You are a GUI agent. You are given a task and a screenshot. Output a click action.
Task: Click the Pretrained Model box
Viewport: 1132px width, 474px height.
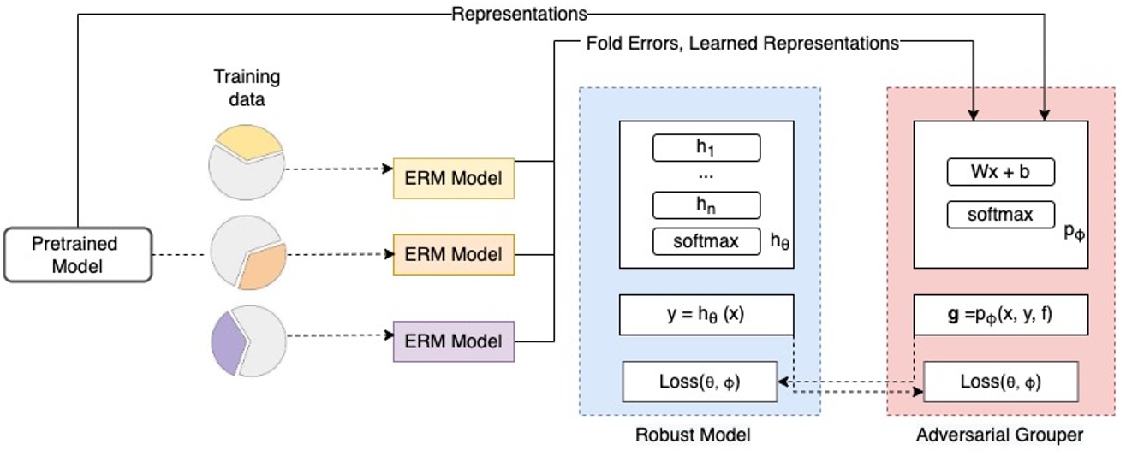tap(78, 255)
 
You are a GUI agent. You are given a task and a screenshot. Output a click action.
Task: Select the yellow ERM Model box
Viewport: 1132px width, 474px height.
tap(453, 178)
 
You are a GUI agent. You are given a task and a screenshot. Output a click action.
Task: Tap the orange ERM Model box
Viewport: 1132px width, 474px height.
tap(453, 254)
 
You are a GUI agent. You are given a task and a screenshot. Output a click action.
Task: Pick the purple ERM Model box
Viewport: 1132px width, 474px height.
tap(453, 341)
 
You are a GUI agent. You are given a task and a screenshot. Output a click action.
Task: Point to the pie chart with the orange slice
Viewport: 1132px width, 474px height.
tap(246, 254)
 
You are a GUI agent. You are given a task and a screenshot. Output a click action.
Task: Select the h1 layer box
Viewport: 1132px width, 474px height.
tap(706, 148)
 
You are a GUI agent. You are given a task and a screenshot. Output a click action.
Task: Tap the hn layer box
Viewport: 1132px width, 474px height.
tap(706, 205)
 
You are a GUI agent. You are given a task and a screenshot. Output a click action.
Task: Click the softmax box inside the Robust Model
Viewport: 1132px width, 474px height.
tap(706, 241)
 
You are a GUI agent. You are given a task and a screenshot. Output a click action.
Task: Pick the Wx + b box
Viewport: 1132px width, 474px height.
tap(1000, 172)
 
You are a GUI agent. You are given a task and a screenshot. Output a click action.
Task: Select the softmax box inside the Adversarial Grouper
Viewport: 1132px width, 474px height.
tap(1000, 214)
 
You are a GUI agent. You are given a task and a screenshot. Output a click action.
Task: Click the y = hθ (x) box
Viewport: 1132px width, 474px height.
tap(706, 315)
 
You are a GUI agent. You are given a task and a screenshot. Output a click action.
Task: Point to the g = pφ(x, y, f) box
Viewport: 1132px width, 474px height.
tap(1001, 315)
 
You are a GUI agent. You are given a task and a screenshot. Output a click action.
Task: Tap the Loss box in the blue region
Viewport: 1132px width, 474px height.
tap(699, 382)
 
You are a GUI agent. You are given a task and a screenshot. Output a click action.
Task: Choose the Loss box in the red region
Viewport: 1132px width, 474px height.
tap(1000, 382)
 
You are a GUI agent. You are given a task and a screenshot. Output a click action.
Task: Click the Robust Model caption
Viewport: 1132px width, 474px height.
tap(692, 435)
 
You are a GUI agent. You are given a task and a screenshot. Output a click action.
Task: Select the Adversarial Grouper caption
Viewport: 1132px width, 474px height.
tap(999, 435)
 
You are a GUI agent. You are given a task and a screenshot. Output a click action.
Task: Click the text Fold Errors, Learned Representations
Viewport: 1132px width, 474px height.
tap(742, 42)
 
